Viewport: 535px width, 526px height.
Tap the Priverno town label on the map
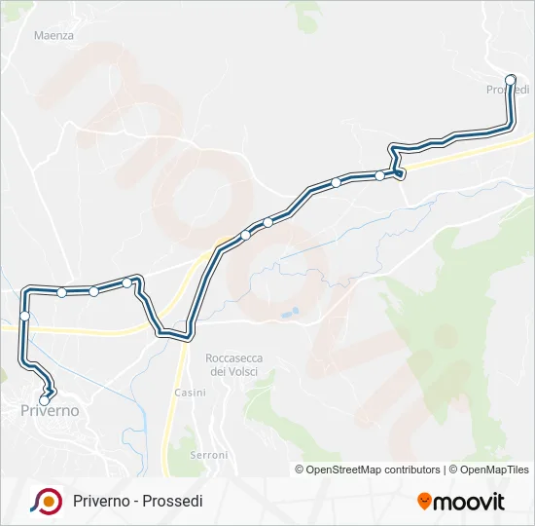pos(50,412)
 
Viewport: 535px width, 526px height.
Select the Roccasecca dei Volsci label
pos(234,365)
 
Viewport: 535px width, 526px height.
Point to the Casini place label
pos(190,393)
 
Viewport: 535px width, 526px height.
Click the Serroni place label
pos(209,455)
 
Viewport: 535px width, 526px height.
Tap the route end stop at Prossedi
pos(511,79)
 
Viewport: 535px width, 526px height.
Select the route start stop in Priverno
pos(44,400)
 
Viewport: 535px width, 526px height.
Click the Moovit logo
pos(461,502)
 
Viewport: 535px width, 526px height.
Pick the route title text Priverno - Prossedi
pos(138,502)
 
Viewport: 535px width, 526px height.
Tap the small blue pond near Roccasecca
pos(288,315)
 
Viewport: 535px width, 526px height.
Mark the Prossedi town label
pos(507,91)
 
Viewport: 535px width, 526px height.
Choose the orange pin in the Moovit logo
pos(425,502)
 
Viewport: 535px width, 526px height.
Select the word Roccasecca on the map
pos(234,358)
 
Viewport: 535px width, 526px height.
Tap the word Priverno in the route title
pos(101,502)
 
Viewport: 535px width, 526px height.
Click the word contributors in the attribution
pos(412,470)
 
